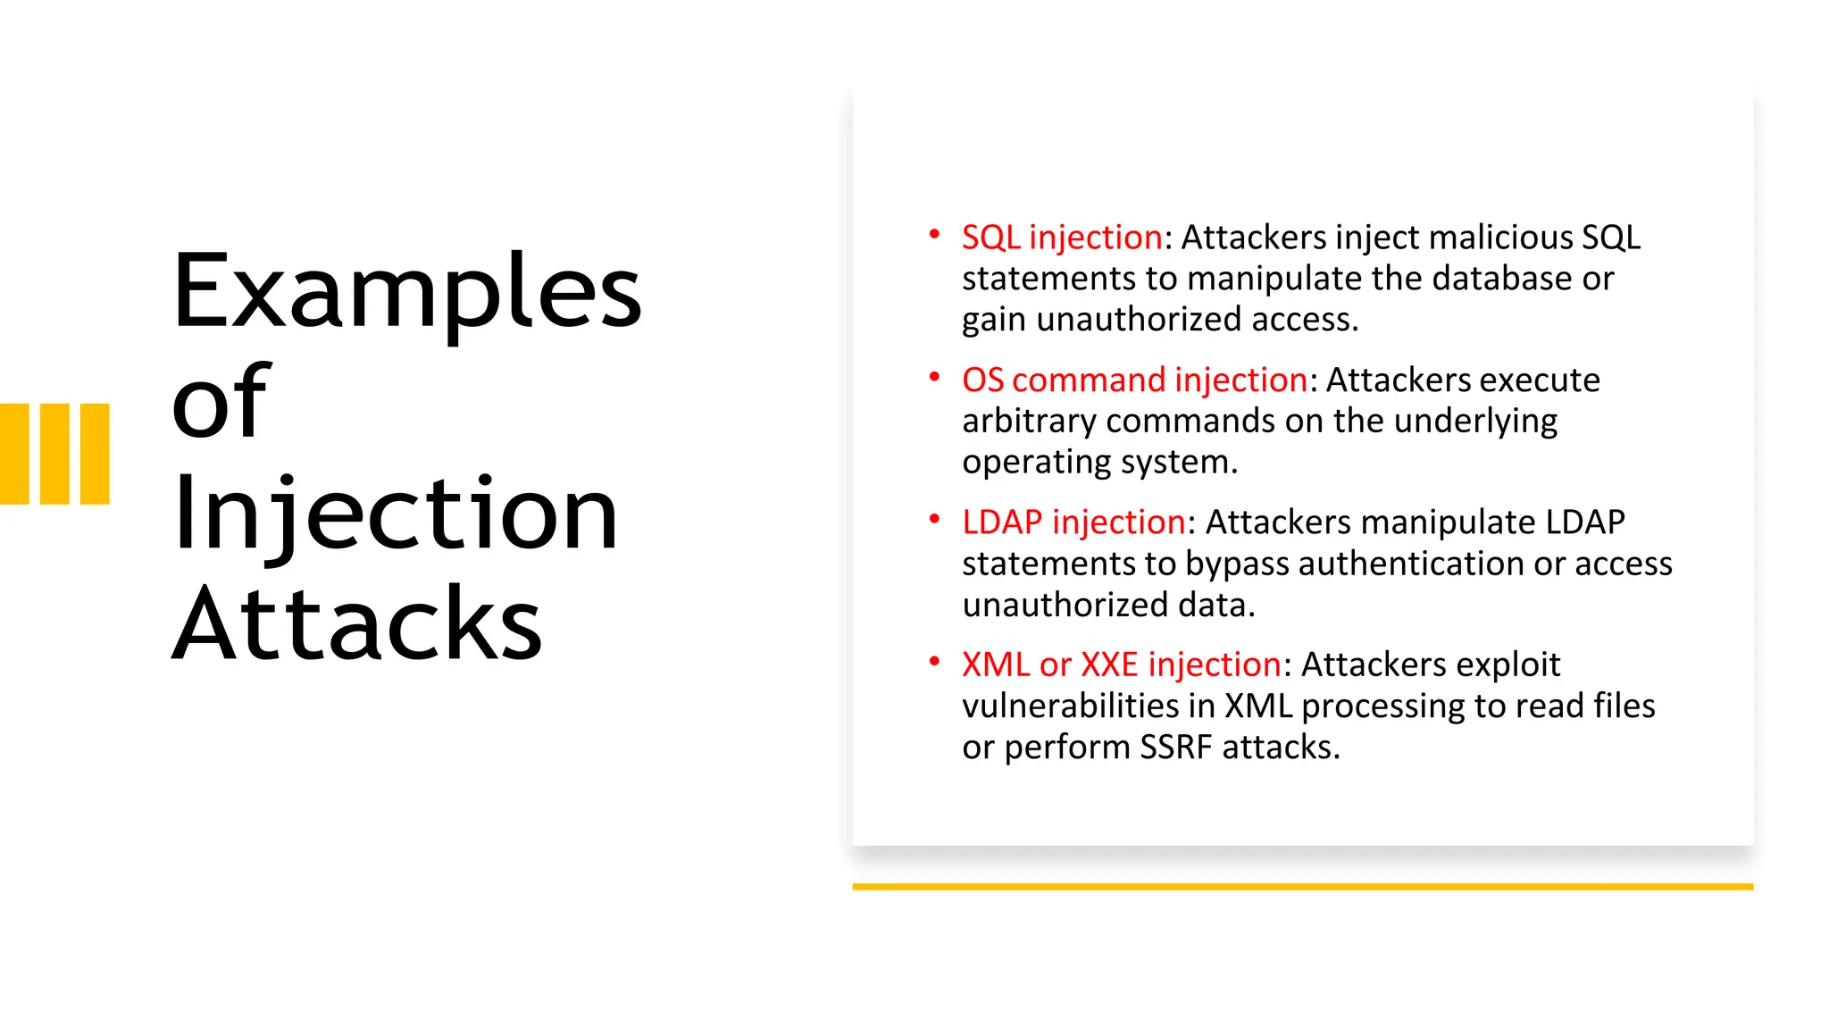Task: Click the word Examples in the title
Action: tap(406, 293)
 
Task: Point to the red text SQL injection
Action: tap(1062, 238)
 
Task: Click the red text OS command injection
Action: tap(1134, 380)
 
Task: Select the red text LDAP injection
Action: tap(1073, 522)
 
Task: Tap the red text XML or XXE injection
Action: tap(1122, 665)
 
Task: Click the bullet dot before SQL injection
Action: tap(934, 234)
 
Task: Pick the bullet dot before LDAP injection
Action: tap(934, 519)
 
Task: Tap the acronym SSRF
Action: tap(1176, 748)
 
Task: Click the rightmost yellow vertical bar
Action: tap(95, 454)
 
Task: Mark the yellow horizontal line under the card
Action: tap(1302, 887)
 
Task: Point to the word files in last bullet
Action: tap(1624, 706)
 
